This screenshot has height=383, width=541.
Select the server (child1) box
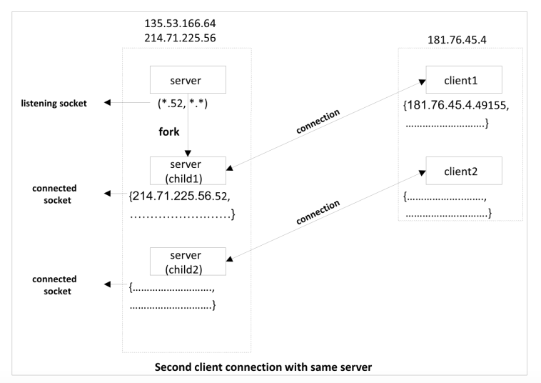[x=187, y=171]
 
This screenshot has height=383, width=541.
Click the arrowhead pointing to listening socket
[x=108, y=103]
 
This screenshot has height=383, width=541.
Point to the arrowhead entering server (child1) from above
[x=187, y=153]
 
